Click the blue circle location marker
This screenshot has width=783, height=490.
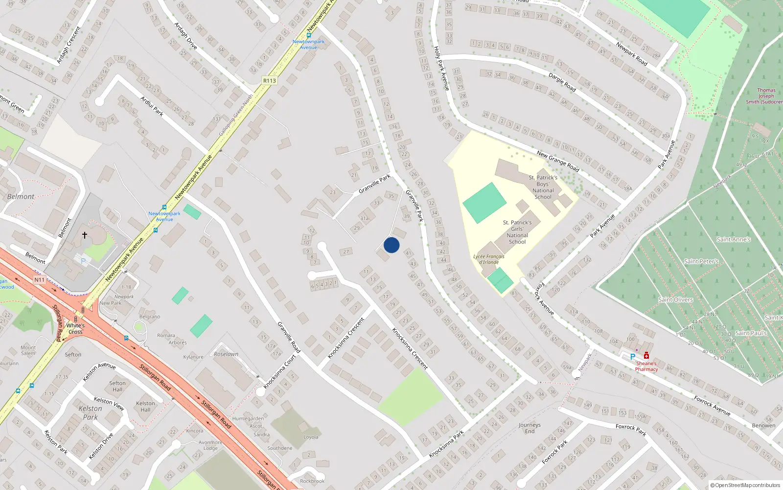click(x=391, y=245)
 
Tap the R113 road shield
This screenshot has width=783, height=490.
click(x=269, y=80)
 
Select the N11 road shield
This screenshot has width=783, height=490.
click(x=39, y=280)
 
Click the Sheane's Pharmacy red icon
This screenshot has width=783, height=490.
click(x=646, y=356)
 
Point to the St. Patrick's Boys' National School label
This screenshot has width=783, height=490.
click(x=543, y=187)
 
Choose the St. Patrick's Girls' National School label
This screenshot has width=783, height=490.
click(x=517, y=232)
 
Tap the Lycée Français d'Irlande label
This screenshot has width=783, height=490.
click(x=488, y=259)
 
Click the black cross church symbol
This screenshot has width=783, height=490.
click(x=84, y=236)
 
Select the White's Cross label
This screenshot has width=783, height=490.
click(x=75, y=328)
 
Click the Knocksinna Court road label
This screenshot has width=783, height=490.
click(x=280, y=371)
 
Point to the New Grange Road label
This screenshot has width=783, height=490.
click(x=558, y=162)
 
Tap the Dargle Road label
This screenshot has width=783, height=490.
click(x=562, y=82)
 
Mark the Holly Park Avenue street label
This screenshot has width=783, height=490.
click(x=441, y=68)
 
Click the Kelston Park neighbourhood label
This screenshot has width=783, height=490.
click(x=91, y=413)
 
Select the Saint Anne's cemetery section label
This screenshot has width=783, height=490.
click(x=733, y=240)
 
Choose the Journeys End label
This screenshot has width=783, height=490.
click(x=530, y=428)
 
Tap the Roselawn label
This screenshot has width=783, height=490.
click(x=226, y=354)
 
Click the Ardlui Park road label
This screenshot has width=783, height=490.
click(x=152, y=106)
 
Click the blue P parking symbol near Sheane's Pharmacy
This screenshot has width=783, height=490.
click(x=632, y=357)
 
